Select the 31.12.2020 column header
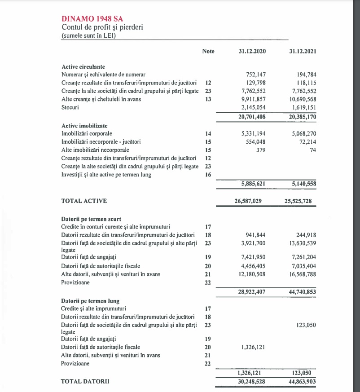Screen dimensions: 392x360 (252, 51)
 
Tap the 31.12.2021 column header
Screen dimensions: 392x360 (303, 51)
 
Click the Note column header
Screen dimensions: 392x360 (208, 51)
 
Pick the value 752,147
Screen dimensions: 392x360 (257, 75)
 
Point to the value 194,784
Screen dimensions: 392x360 (307, 75)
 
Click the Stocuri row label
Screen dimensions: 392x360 (70, 107)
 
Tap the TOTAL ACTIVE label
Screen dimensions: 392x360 (84, 201)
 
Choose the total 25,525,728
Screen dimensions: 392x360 (300, 201)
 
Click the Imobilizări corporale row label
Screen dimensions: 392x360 (87, 134)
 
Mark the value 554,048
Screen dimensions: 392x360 (257, 142)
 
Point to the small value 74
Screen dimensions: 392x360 (313, 150)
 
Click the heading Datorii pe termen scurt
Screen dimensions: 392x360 (89, 219)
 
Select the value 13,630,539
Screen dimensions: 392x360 (300, 243)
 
